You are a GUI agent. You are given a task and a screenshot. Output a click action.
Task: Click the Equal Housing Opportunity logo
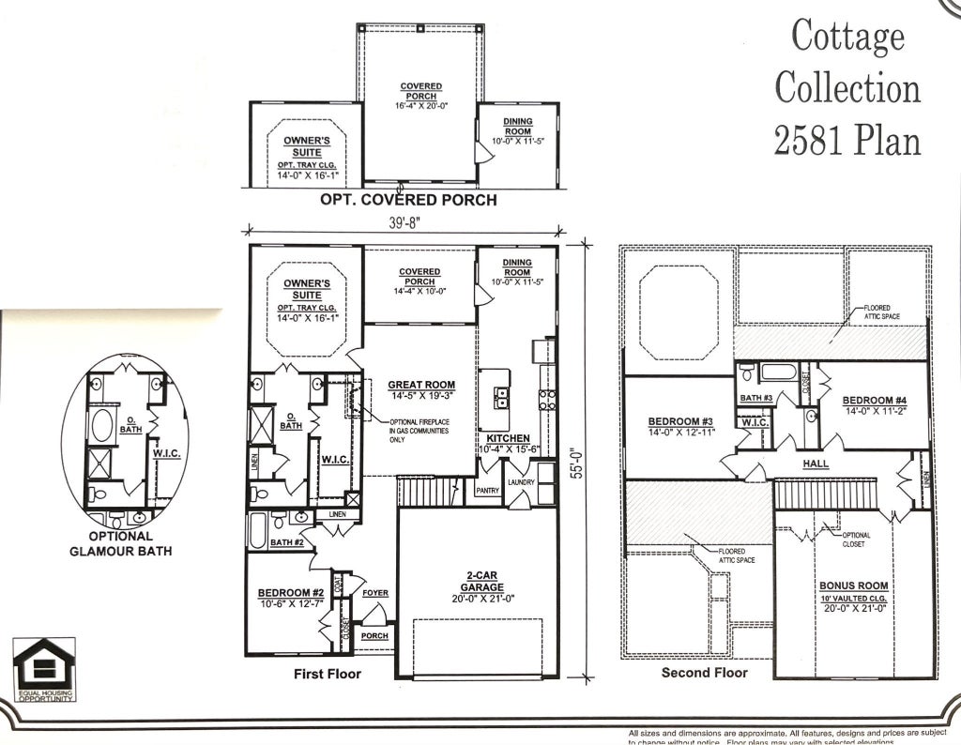(44, 669)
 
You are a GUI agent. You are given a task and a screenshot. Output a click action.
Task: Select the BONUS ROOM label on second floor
(853, 585)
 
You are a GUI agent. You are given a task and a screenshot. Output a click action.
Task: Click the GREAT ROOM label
(421, 385)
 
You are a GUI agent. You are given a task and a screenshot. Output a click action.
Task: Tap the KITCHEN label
(508, 438)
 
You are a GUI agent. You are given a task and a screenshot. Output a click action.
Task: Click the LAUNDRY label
(520, 482)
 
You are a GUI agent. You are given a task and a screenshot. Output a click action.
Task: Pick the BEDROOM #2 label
(291, 593)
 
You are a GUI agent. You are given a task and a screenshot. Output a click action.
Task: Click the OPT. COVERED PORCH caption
(408, 200)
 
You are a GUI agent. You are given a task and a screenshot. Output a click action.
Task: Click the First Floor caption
(327, 674)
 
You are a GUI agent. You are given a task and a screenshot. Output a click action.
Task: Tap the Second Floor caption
(704, 673)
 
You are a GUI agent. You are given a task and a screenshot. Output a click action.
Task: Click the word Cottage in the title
(847, 38)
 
